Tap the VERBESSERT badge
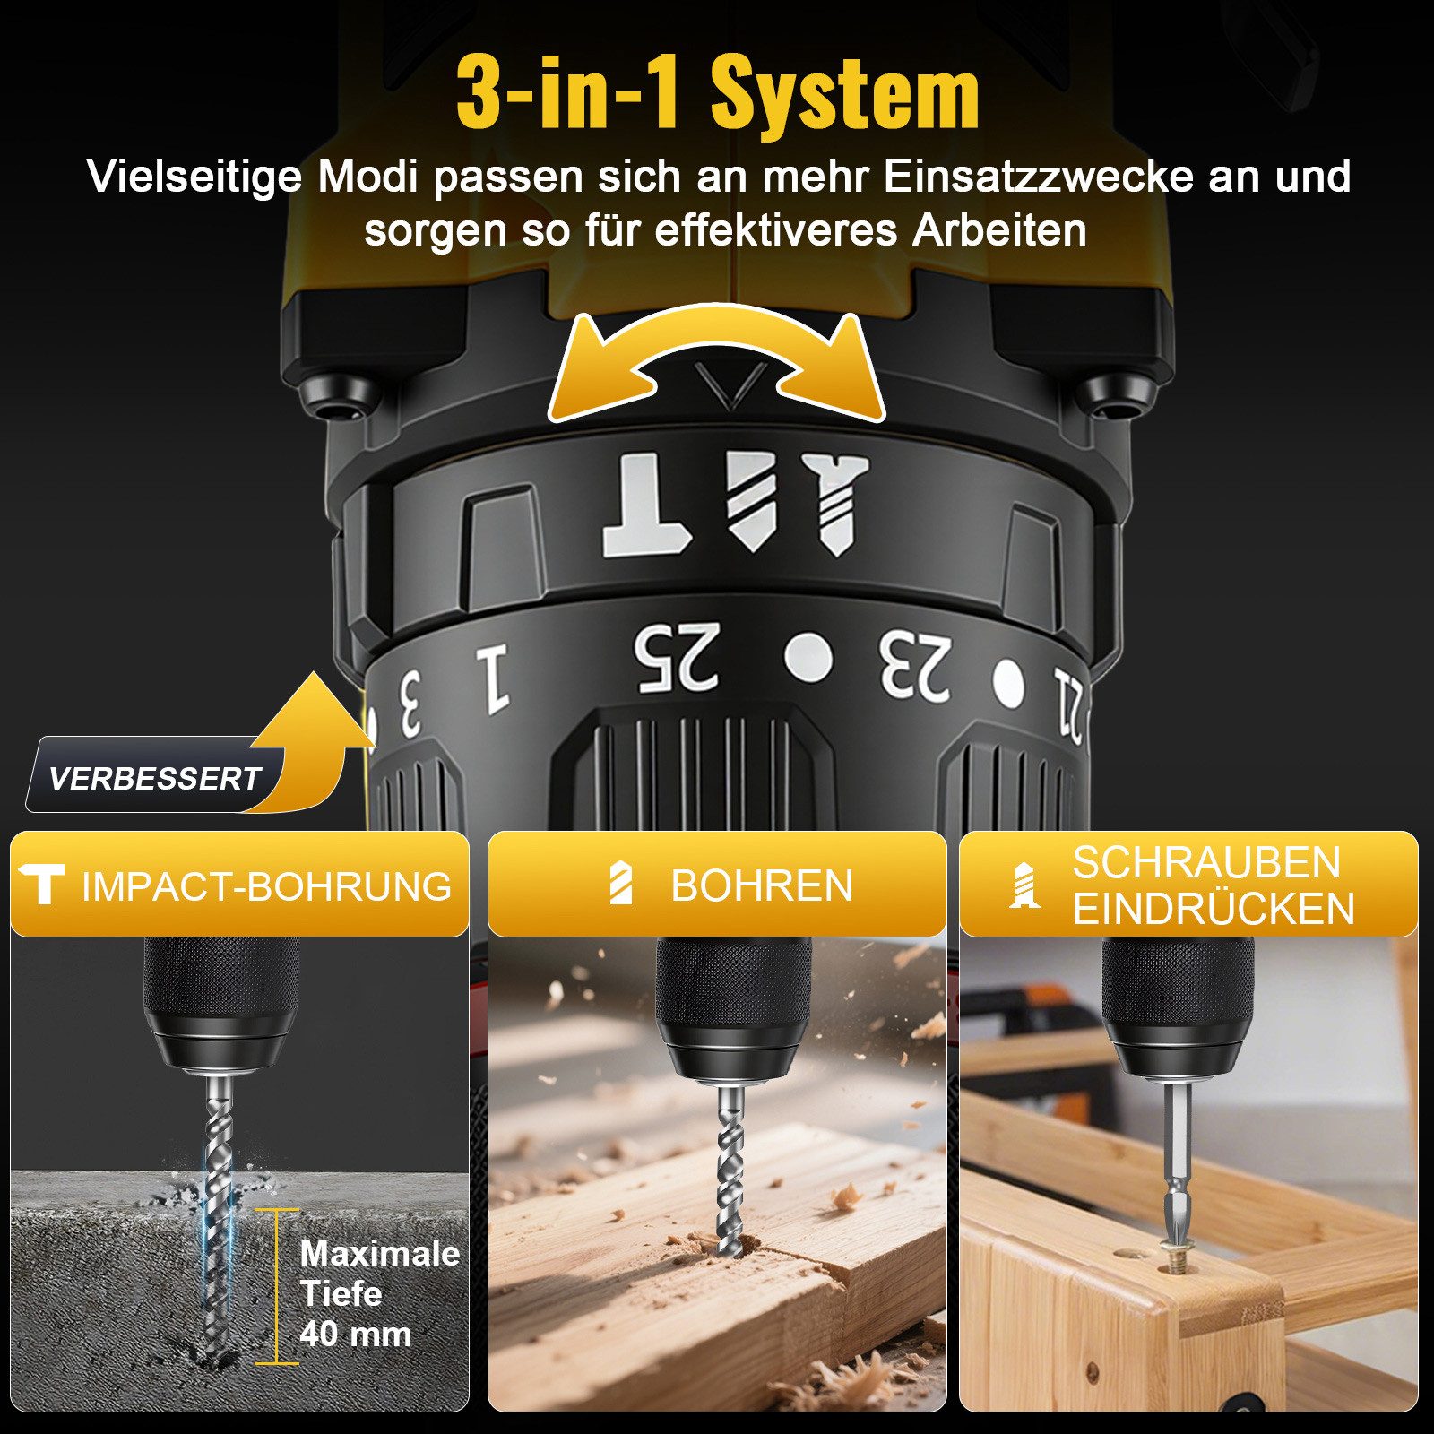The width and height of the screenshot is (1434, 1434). (x=154, y=778)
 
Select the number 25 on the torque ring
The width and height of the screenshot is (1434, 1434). (x=677, y=659)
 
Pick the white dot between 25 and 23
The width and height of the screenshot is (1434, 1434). (x=808, y=658)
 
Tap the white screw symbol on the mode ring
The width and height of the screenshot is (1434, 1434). (x=835, y=504)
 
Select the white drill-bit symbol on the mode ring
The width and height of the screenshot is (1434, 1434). (x=751, y=502)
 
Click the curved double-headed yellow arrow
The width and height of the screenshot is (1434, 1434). (x=717, y=363)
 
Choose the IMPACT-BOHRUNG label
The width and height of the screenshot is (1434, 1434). (x=266, y=886)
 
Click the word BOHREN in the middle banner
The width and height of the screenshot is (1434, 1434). (x=761, y=886)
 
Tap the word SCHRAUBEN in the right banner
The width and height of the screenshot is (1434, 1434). (x=1205, y=863)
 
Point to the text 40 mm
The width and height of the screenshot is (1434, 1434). (x=356, y=1334)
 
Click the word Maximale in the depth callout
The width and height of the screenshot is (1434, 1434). (x=379, y=1253)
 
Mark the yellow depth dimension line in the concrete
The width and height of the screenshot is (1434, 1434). (x=276, y=1286)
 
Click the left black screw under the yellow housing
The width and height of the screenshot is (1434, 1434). (x=340, y=396)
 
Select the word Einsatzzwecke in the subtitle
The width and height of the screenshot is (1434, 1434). (x=1039, y=177)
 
